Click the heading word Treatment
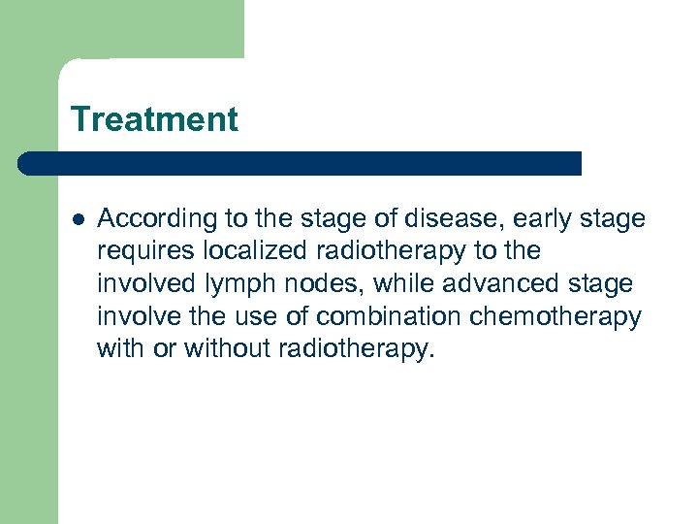(154, 119)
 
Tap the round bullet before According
(77, 219)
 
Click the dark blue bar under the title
(301, 163)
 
